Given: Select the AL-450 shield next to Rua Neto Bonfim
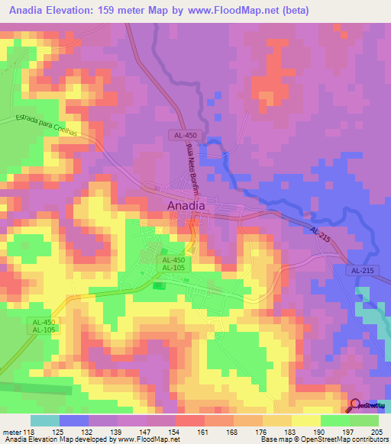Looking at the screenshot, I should coord(183,134).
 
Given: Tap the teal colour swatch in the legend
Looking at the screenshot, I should coord(45,420).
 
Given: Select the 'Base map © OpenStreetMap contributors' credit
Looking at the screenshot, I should coord(324,439).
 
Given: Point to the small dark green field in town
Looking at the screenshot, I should coord(158,286).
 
